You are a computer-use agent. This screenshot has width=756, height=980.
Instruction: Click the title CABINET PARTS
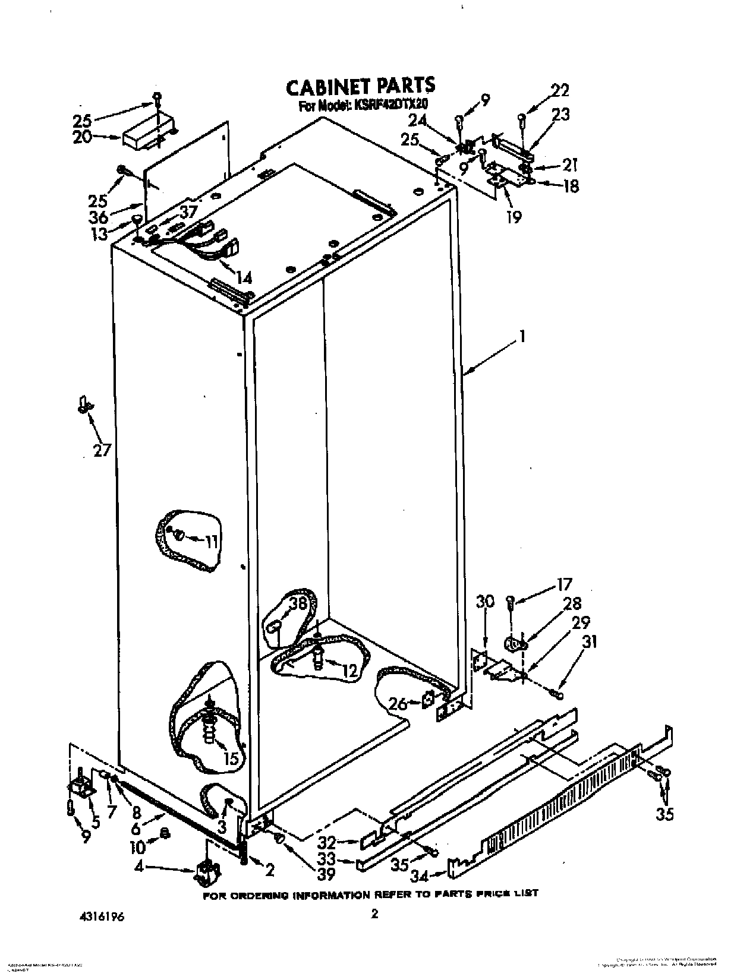(360, 87)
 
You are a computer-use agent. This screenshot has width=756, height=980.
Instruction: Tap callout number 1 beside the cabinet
(522, 337)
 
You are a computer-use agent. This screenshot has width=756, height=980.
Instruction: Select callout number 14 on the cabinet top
(244, 277)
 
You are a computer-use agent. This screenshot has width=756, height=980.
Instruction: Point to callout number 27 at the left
(102, 450)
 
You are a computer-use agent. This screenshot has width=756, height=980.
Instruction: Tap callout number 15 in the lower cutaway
(231, 758)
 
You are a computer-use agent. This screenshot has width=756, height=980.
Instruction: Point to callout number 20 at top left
(83, 137)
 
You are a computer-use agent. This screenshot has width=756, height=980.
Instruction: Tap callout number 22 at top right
(559, 90)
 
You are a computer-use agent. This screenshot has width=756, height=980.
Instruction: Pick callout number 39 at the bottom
(326, 873)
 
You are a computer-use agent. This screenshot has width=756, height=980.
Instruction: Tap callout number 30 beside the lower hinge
(485, 602)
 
